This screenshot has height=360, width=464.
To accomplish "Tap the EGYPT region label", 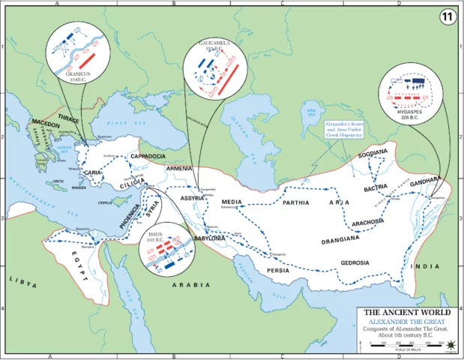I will [66, 256].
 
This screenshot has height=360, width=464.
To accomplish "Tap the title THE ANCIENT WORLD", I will [407, 312].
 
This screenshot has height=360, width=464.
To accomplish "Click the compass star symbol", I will [451, 346].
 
